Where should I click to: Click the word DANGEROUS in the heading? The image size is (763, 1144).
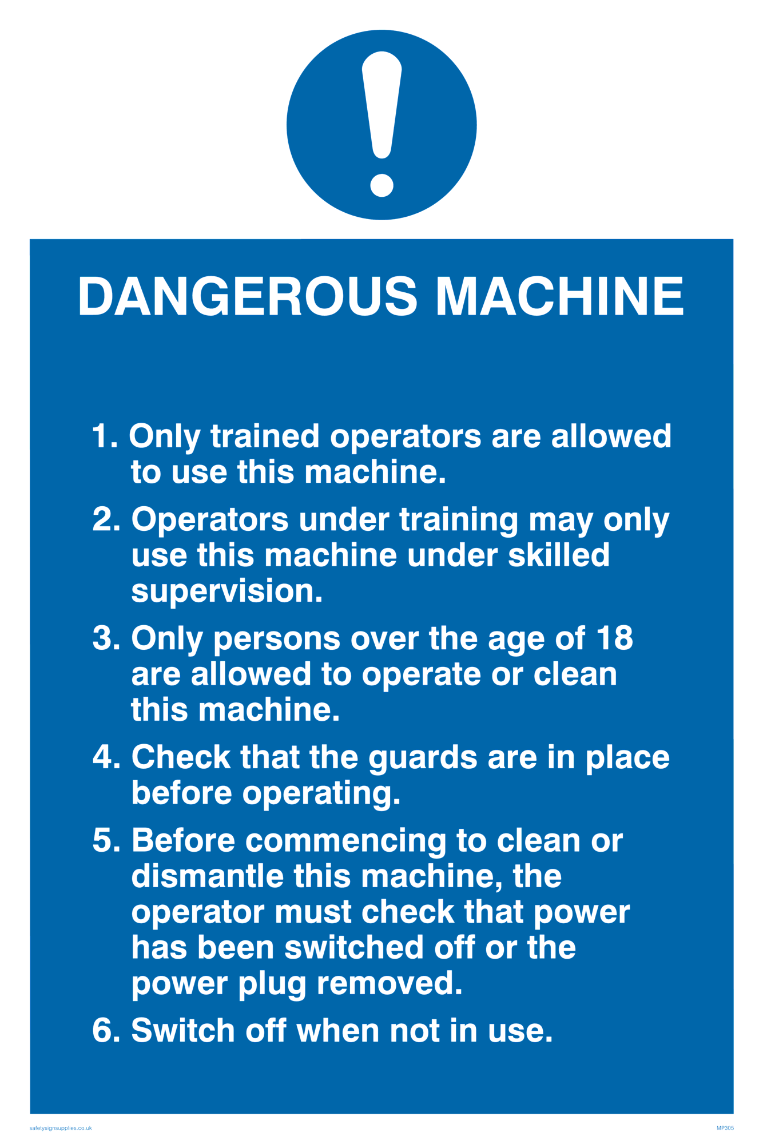tap(248, 296)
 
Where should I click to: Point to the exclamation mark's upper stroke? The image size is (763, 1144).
tap(381, 105)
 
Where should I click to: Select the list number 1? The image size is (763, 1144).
tap(105, 436)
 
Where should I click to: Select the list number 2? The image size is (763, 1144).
tap(106, 520)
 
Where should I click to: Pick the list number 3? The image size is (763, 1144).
tap(106, 638)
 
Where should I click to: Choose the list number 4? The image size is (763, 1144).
tap(106, 757)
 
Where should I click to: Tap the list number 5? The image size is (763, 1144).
tap(106, 841)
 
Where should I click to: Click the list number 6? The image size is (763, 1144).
tap(106, 1031)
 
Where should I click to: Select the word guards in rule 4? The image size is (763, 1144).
tap(423, 758)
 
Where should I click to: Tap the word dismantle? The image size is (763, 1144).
tap(208, 876)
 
